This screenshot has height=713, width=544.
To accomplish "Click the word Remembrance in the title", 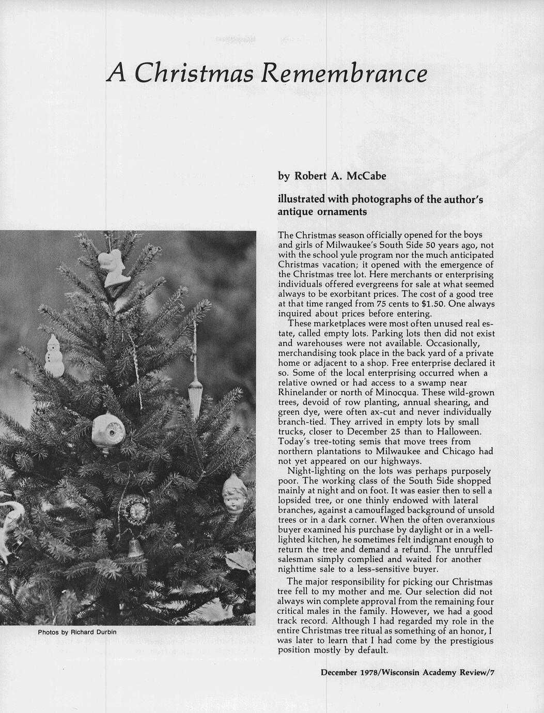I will tap(344, 73).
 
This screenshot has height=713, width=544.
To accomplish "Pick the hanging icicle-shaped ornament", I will tap(195, 398).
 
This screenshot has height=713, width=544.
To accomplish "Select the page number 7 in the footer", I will tap(493, 672).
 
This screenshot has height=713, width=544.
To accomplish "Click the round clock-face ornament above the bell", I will tap(137, 510).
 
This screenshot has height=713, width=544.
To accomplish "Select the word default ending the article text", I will tap(371, 650).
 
